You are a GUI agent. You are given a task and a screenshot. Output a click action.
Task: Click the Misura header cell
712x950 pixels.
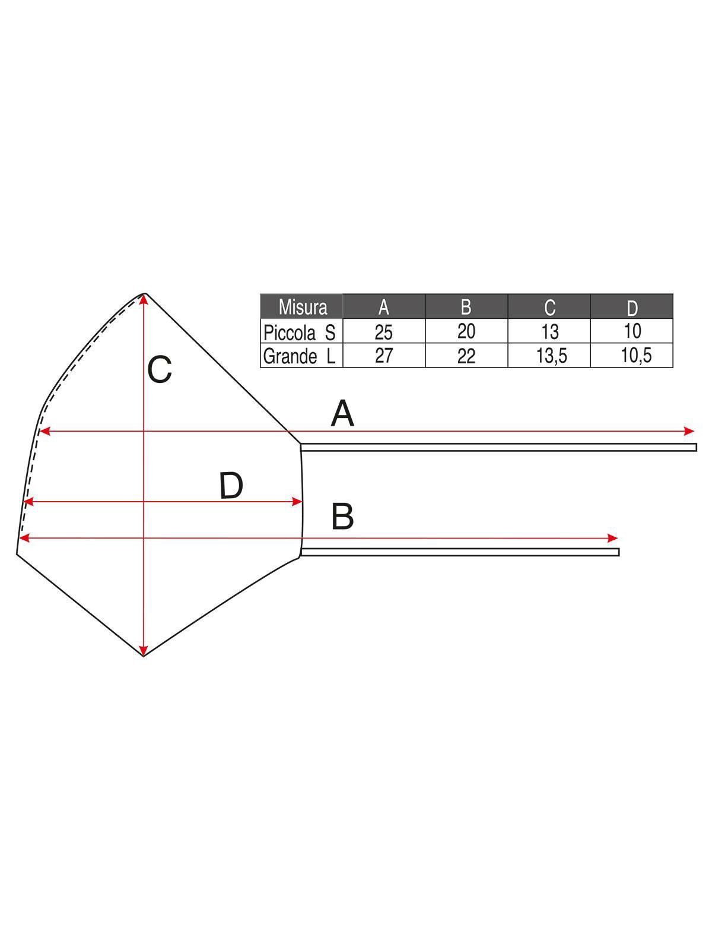[x=302, y=307]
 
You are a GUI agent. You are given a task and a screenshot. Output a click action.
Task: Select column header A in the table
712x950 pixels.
[x=383, y=308]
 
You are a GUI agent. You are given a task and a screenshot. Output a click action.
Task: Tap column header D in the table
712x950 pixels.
[x=632, y=308]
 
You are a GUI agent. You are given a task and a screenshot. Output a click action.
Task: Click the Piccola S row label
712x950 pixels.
[x=299, y=332]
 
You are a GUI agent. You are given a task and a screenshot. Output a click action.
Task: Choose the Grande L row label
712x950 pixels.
[x=299, y=356]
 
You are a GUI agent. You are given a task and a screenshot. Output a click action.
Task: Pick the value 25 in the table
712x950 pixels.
[x=383, y=332]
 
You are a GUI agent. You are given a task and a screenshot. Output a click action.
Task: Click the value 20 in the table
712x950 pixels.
[x=466, y=331]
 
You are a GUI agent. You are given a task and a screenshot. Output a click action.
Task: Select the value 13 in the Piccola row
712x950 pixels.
[x=549, y=332]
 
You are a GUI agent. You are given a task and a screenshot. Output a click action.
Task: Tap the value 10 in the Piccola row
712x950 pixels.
[x=632, y=331]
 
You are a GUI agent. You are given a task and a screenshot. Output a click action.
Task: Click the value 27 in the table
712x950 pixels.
[x=383, y=356]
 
